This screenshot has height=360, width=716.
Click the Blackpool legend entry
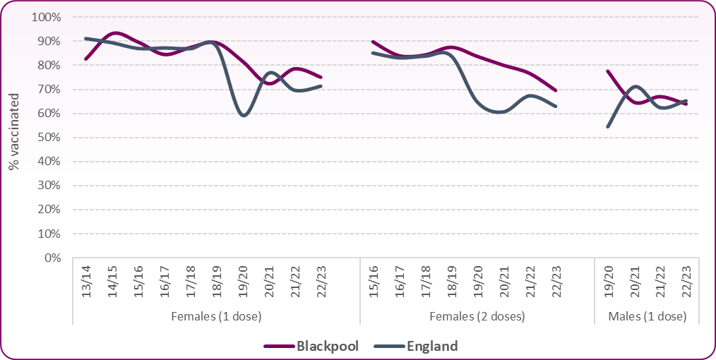coord(326,346)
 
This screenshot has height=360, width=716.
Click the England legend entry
coord(432,346)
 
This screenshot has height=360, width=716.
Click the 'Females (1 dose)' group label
coord(216,316)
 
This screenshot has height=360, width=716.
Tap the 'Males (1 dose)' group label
coord(647,316)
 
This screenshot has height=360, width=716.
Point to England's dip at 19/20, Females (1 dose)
coord(244,115)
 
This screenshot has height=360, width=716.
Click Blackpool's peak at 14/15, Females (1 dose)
coord(114,32)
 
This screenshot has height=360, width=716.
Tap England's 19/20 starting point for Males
coord(609,126)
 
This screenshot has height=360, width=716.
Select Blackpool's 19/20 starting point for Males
coord(609,71)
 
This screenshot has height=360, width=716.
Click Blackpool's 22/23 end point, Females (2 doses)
coord(556,90)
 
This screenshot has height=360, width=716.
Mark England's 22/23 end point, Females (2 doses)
coord(556,107)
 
